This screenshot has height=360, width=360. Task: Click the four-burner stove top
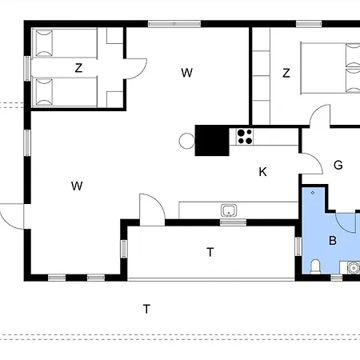tap(245, 137)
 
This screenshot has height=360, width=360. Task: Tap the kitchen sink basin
tap(229, 210)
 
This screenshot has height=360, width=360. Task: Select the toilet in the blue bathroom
tap(315, 266)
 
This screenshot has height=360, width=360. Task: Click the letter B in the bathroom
tap(333, 241)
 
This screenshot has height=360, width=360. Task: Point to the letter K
tap(262, 172)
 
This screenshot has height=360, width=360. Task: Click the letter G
tap(338, 165)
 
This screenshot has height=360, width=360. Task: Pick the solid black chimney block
tap(212, 140)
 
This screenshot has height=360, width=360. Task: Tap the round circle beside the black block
tap(187, 141)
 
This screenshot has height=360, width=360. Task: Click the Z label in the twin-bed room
tap(78, 68)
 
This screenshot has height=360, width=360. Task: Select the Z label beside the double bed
tap(286, 73)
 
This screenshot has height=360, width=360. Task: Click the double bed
tap(330, 68)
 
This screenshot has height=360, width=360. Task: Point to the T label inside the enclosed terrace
tap(210, 252)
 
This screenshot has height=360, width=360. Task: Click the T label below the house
tap(146, 309)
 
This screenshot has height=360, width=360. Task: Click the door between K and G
tap(312, 163)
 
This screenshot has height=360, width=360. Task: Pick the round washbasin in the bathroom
tap(354, 267)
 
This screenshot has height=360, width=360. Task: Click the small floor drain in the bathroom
tap(313, 193)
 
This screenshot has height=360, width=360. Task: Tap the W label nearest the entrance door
tap(77, 186)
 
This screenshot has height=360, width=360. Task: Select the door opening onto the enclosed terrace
tap(152, 210)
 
